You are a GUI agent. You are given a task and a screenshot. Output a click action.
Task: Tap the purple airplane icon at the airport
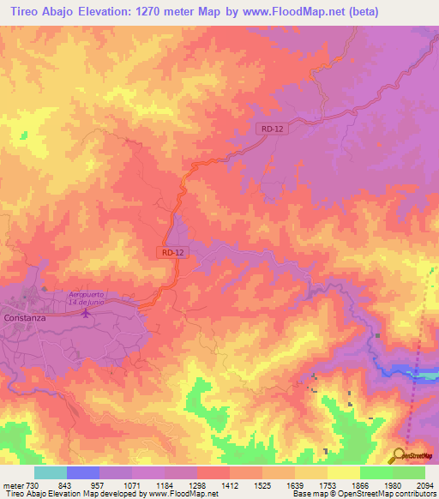click(85, 312)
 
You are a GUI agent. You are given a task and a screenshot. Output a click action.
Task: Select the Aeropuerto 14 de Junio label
click(92, 298)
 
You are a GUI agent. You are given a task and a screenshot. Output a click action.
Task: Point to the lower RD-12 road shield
click(171, 252)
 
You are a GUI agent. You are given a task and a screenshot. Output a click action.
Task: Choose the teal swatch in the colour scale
click(51, 473)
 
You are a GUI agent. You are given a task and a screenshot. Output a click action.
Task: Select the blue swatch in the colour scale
click(83, 473)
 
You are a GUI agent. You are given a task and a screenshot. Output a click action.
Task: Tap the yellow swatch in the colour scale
click(344, 473)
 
